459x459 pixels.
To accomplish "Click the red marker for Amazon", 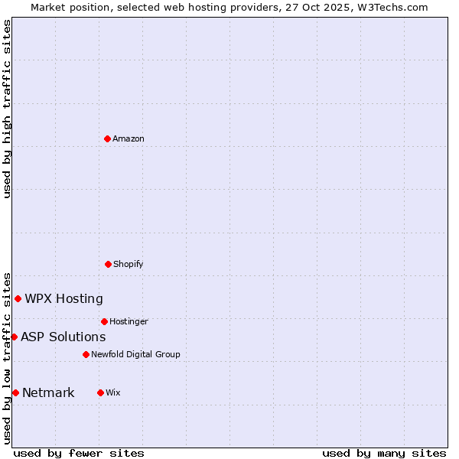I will pos(107,138).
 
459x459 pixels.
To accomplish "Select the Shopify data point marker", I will pos(108,264).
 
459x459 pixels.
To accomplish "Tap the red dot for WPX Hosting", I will pos(18,298).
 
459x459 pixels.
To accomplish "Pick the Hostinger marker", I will pos(104,321).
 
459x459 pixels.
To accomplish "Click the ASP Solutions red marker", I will pos(14,337).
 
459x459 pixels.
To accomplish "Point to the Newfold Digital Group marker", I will pos(86,354).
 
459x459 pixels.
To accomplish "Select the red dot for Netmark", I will pos(15,392).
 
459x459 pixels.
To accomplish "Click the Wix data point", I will pos(100,392).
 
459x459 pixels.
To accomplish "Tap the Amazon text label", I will pos(129,138).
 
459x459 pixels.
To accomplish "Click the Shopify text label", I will pos(129,264).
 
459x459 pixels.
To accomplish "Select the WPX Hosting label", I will pos(63,298).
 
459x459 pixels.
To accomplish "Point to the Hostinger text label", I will pos(129,321).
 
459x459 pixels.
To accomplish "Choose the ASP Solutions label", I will pos(63,337).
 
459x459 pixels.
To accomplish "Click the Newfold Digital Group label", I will pos(135,354).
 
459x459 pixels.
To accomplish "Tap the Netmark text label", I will pos(48,392).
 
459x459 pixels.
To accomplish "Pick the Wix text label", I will pos(113,392).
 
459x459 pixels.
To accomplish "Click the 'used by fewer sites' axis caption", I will pos(79,453).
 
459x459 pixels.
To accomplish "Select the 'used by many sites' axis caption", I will pos(384,453).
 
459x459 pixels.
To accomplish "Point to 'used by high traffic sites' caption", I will pos(7,109).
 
